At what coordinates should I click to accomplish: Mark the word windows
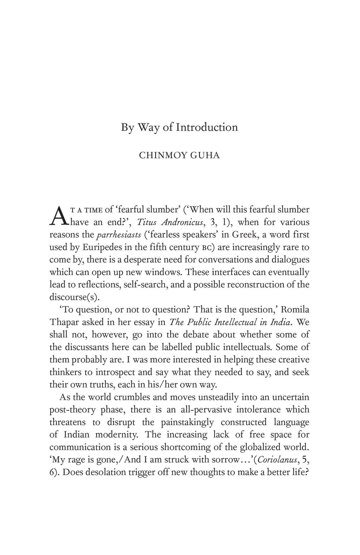(164, 272)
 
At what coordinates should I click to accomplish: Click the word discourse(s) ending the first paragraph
(73, 297)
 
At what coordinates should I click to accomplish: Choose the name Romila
(295, 310)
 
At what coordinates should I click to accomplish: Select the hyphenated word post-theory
(72, 410)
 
